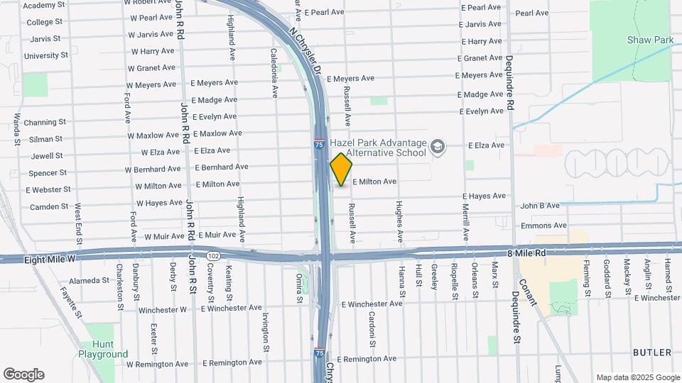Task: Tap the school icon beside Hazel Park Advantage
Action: [438, 148]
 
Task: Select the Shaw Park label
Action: [649, 40]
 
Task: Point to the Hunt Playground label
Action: [103, 349]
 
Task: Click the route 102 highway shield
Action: [213, 255]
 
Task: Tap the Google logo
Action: [23, 374]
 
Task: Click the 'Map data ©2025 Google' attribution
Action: [637, 377]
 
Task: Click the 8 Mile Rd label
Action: [526, 252]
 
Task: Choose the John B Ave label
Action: [540, 206]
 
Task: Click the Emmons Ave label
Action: [543, 226]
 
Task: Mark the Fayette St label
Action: [72, 301]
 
